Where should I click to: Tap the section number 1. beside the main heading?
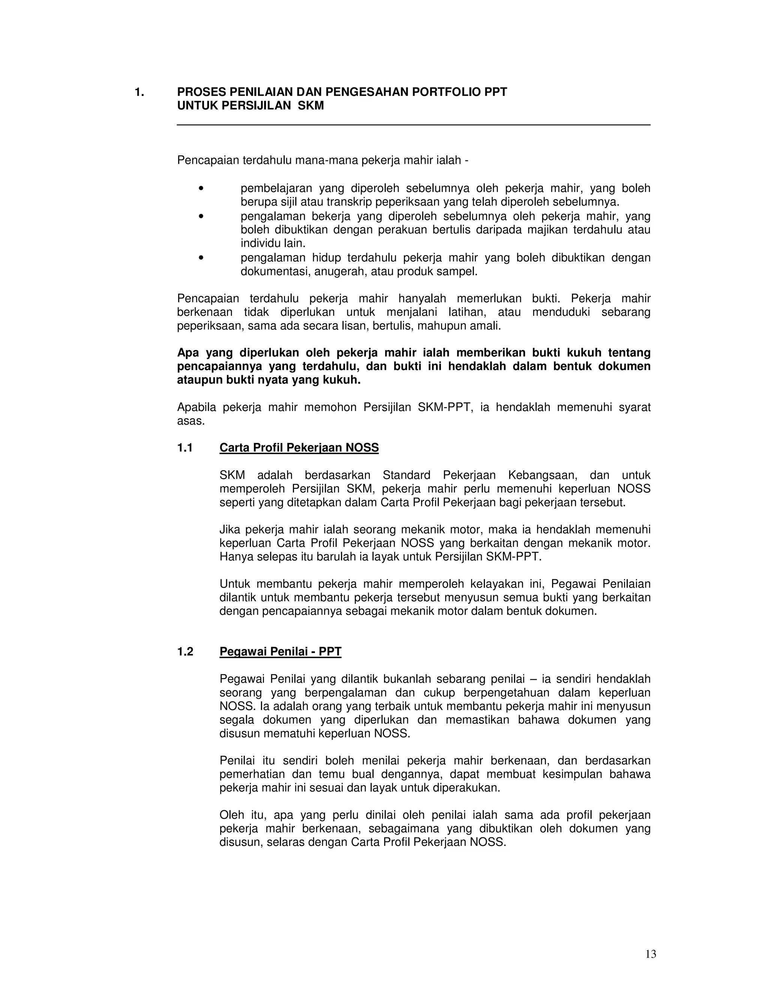coord(139,92)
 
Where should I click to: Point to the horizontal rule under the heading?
coord(413,125)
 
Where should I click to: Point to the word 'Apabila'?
coord(196,407)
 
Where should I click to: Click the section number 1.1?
coord(185,448)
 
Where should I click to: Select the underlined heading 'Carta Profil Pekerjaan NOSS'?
coord(299,448)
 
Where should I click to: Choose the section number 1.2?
coord(185,652)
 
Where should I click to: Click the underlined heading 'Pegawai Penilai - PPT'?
coord(280,652)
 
